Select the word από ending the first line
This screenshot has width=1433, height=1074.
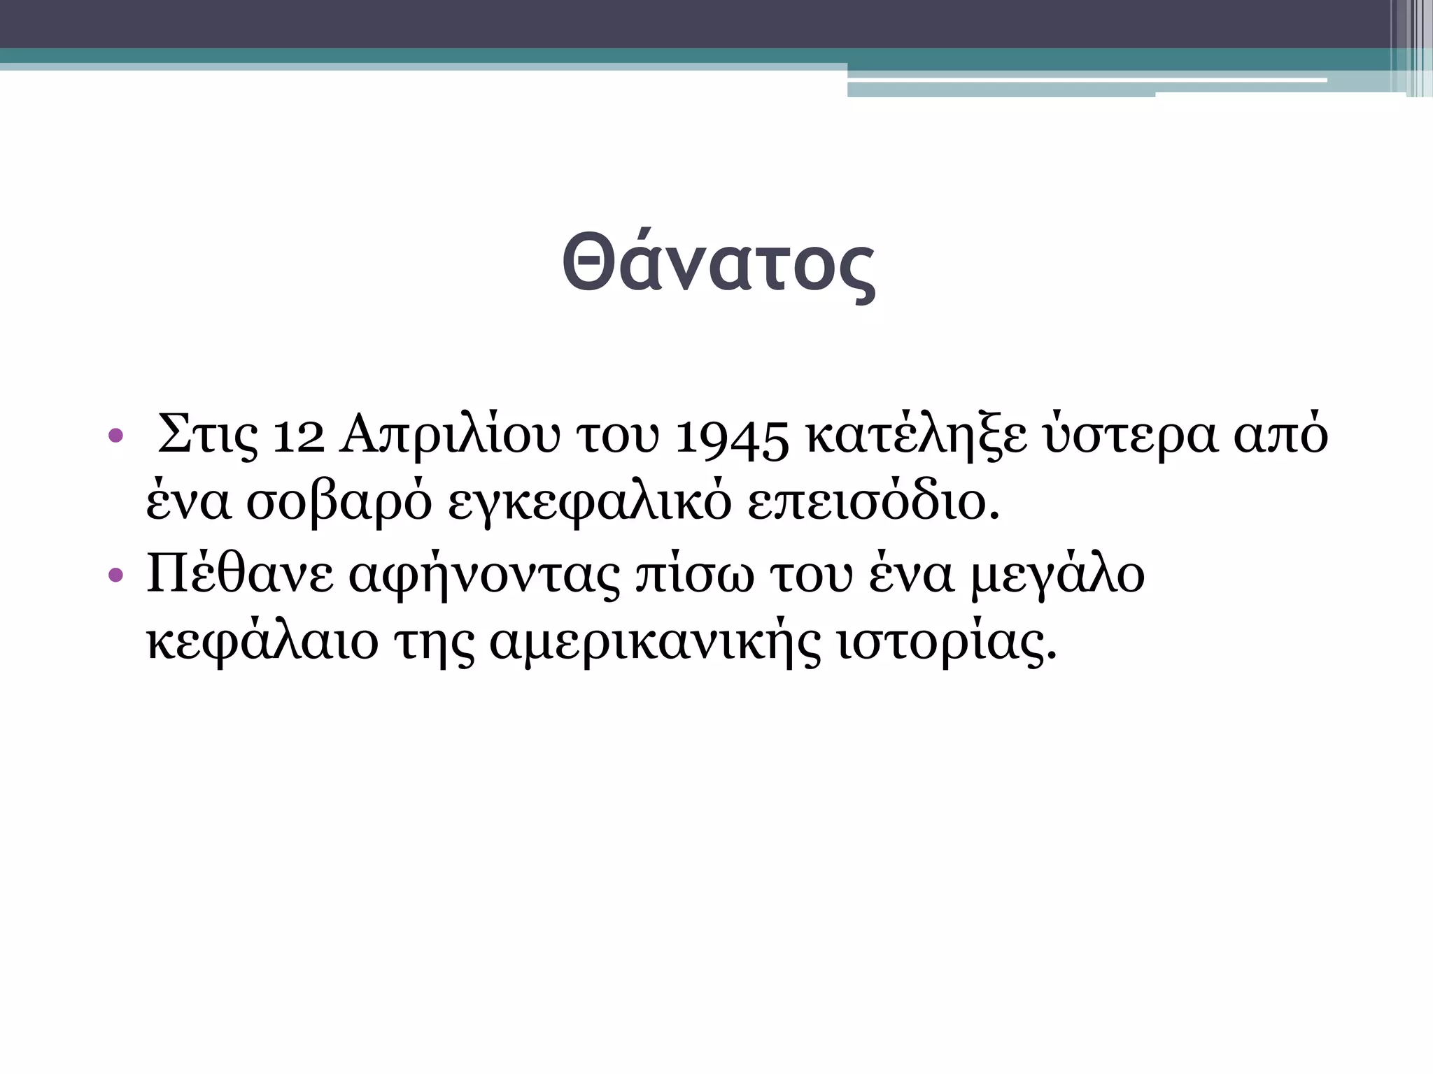[1280, 436]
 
